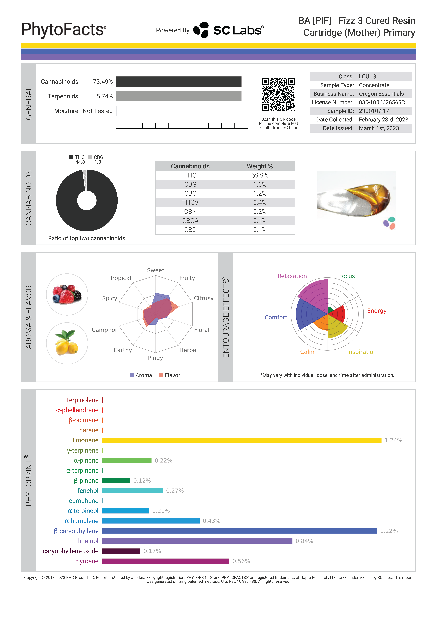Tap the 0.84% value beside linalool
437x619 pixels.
[x=304, y=541]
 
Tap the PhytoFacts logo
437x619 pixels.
[x=64, y=30]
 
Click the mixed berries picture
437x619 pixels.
[x=67, y=294]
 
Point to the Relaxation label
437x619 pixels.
[x=292, y=276]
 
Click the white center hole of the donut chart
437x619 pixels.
[x=87, y=200]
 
